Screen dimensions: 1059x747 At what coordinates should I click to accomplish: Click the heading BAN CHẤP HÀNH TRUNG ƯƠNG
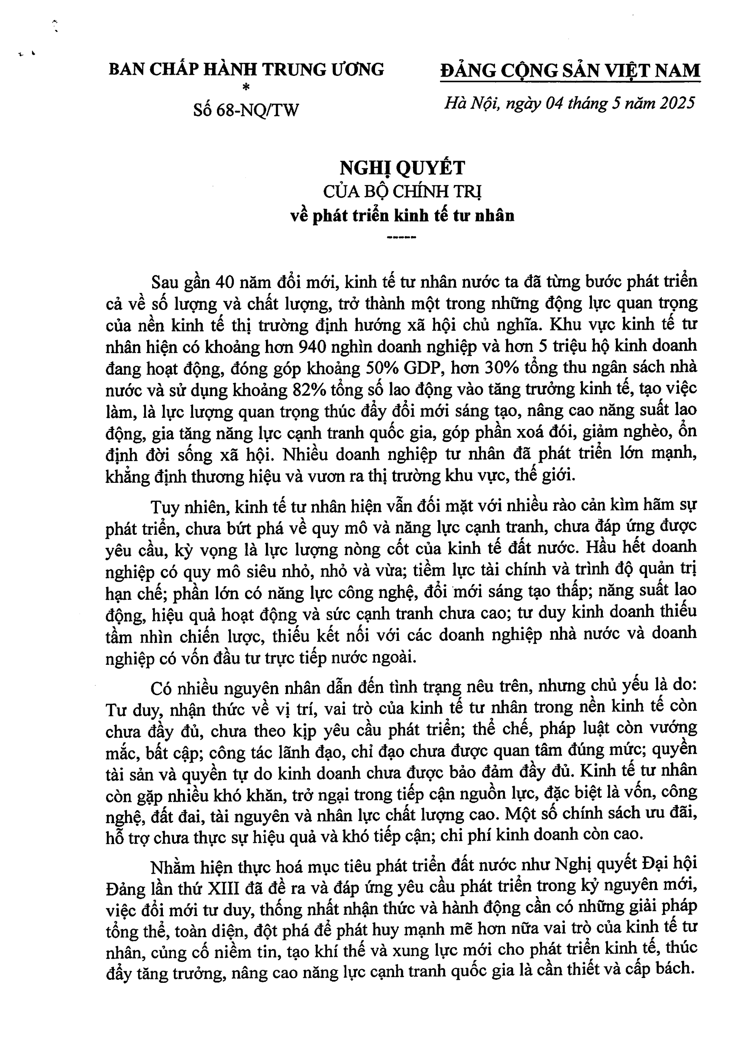tap(246, 69)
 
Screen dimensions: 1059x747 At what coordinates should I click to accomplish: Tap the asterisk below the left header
tap(246, 87)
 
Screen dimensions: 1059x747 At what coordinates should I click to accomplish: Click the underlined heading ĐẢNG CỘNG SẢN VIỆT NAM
tap(570, 71)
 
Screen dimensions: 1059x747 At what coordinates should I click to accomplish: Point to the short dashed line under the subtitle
tap(403, 238)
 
